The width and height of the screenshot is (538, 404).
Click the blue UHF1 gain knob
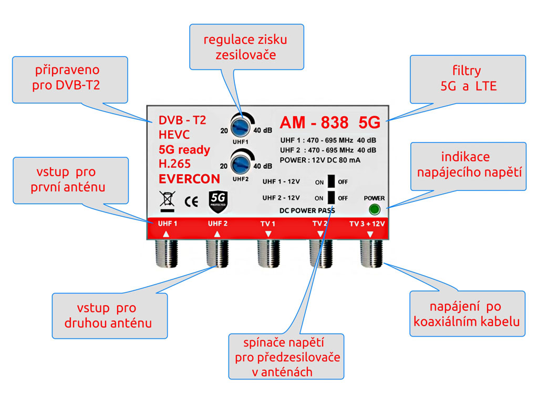[x=241, y=125]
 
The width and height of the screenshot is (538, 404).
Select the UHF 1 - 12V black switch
[x=331, y=181]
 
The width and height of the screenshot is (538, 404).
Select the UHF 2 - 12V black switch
[x=331, y=198]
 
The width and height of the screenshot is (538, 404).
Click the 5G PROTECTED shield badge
[x=218, y=200]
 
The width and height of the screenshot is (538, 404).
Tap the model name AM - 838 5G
[x=329, y=122]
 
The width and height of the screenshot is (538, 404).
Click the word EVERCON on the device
[x=189, y=178]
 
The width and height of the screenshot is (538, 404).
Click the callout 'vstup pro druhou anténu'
[x=109, y=315]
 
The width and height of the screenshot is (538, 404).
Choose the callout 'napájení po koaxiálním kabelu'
[x=467, y=314]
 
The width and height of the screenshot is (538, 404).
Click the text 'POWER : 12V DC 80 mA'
[x=320, y=160]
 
